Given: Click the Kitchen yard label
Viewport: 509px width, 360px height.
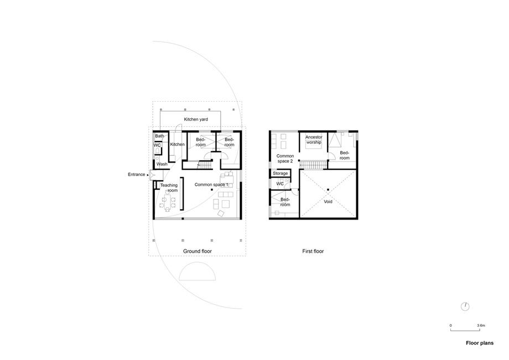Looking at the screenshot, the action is pos(196,119).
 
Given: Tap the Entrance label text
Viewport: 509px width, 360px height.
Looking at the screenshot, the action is pos(136,175).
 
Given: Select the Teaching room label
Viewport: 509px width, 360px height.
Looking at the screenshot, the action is pos(169,188).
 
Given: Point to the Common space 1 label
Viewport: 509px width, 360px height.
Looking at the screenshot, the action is pos(211,185).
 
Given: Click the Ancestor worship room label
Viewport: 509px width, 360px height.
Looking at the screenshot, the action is pos(314,140).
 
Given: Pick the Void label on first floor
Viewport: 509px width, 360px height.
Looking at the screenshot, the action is pos(328,202).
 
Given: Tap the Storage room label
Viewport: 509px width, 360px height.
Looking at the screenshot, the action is pos(280,174).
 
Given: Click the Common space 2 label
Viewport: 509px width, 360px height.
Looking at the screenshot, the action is pos(285,159).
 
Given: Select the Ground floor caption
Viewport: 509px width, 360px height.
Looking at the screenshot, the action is pos(198,251).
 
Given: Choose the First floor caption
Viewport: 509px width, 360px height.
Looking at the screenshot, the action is pos(313,251).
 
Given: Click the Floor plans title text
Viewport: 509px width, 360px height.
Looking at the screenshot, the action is pos(480,343).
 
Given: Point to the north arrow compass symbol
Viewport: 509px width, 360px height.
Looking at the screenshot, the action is pos(465,306).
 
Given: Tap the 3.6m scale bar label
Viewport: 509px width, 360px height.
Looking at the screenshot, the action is pos(481,325).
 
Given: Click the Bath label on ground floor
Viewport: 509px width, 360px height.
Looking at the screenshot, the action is pos(159,136).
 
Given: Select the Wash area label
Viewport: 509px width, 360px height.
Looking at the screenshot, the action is pos(162,164).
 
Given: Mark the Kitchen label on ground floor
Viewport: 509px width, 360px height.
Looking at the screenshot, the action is pos(177,144).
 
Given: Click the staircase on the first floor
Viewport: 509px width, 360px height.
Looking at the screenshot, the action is pos(313,165).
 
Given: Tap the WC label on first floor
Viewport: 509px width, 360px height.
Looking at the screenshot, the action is pos(280,184).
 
